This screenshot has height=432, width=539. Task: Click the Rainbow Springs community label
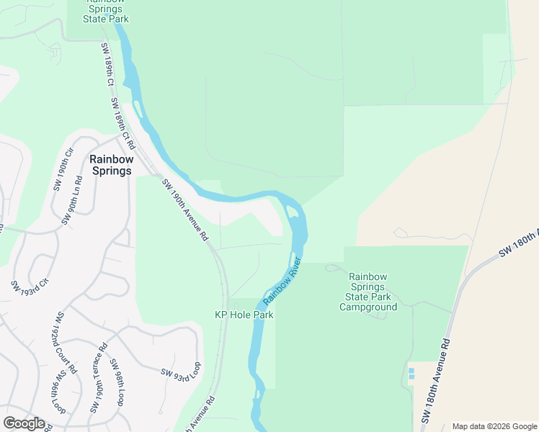pos(110,165)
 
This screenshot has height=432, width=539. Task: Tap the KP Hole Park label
pos(244,315)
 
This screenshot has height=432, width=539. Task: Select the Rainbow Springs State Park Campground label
pos(368,292)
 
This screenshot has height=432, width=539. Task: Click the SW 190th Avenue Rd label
pos(185,210)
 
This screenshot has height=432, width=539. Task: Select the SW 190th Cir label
pos(63,170)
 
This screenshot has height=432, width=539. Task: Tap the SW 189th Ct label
pos(107,65)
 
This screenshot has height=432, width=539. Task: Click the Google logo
pos(24,423)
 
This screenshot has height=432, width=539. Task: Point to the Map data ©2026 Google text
pos(494,426)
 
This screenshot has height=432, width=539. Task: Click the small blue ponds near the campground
pos(411,374)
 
